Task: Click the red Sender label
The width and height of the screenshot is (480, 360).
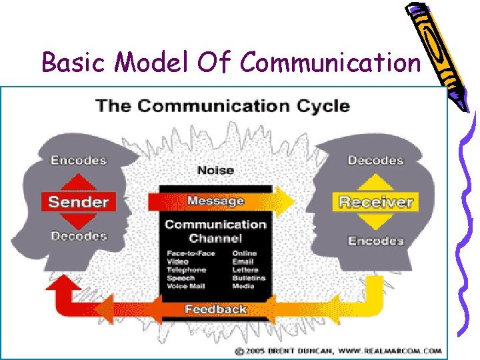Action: (x=79, y=201)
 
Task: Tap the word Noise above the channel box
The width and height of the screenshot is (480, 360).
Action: (x=216, y=171)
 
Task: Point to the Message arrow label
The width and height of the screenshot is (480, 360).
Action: (x=215, y=201)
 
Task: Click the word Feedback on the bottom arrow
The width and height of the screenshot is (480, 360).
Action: (x=215, y=309)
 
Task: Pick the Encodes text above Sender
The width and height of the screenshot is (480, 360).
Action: (x=79, y=160)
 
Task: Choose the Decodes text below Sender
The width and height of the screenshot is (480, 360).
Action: (x=79, y=236)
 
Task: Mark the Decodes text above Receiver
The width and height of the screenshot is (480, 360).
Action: (x=375, y=160)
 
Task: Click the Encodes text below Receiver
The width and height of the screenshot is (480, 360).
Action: (x=375, y=241)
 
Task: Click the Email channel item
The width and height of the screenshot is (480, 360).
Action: (x=242, y=262)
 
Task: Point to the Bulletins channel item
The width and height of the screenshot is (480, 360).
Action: (x=248, y=278)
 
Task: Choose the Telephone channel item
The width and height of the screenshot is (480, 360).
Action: (x=187, y=270)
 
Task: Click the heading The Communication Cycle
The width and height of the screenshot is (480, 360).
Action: (x=223, y=105)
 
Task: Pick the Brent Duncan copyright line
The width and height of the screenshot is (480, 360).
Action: (x=337, y=350)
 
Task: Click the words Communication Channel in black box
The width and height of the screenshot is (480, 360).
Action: (x=215, y=231)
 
